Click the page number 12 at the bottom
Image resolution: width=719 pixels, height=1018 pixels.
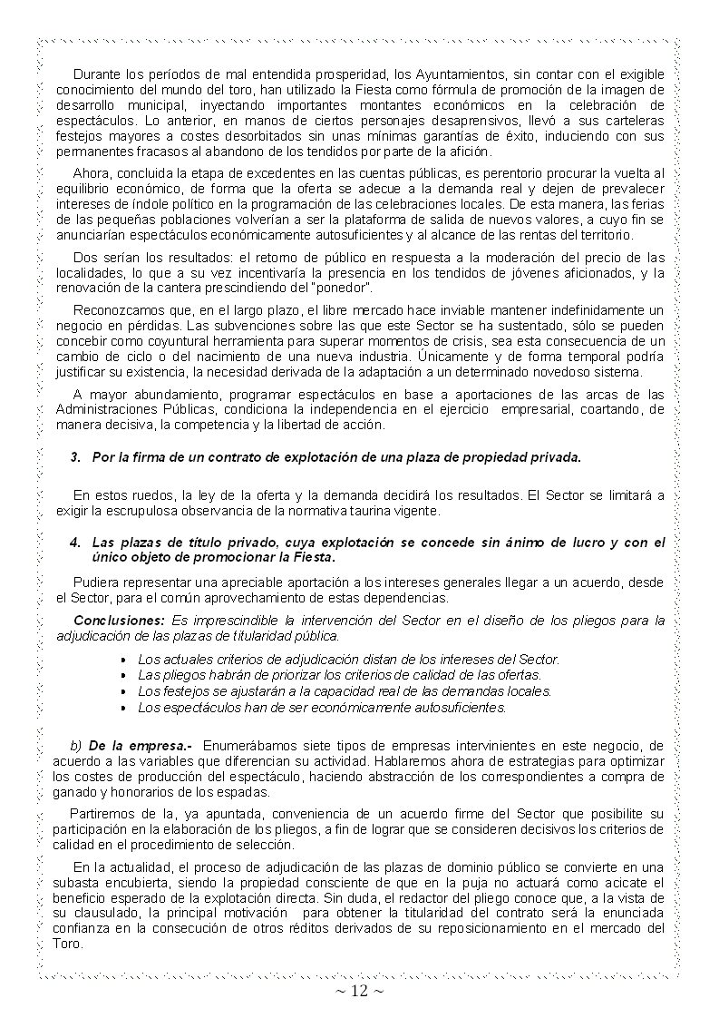click(359, 991)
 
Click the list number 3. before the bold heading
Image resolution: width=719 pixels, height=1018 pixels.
click(76, 457)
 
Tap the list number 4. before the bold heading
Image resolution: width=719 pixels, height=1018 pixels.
click(76, 543)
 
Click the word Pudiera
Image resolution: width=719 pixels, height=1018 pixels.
click(95, 582)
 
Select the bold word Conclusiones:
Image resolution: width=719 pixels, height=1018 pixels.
click(119, 621)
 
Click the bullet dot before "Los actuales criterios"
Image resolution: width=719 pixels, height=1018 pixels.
click(122, 660)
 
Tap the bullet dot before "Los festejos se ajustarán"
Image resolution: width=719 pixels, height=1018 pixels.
click(122, 690)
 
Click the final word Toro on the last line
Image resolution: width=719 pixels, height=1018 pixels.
click(69, 943)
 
